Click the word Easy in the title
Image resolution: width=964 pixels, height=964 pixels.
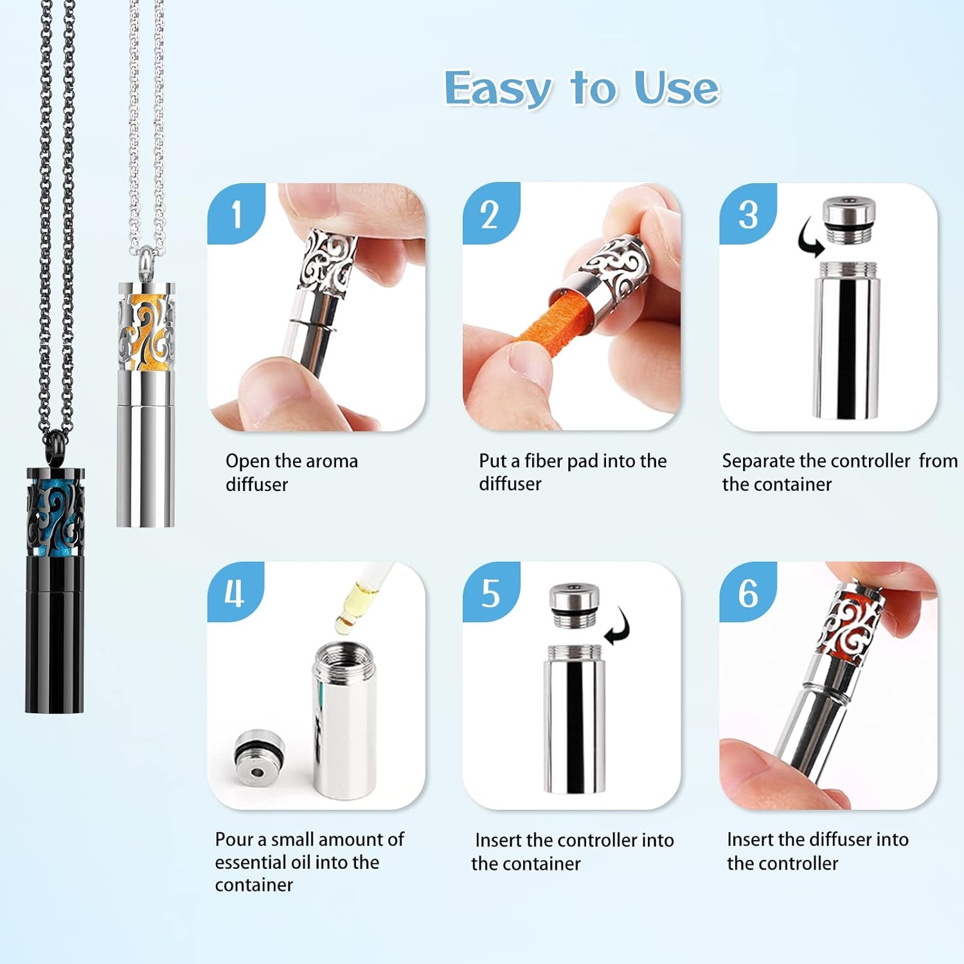point(498,89)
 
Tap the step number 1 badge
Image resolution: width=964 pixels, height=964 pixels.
point(236,213)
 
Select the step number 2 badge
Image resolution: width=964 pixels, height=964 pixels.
point(490,214)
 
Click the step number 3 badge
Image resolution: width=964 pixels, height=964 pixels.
point(747,214)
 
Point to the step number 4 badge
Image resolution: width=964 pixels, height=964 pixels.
point(235,592)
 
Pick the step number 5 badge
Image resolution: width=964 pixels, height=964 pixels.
point(490,593)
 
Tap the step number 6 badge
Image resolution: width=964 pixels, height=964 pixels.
point(747,593)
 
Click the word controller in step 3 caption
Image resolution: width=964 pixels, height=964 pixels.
point(870,461)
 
